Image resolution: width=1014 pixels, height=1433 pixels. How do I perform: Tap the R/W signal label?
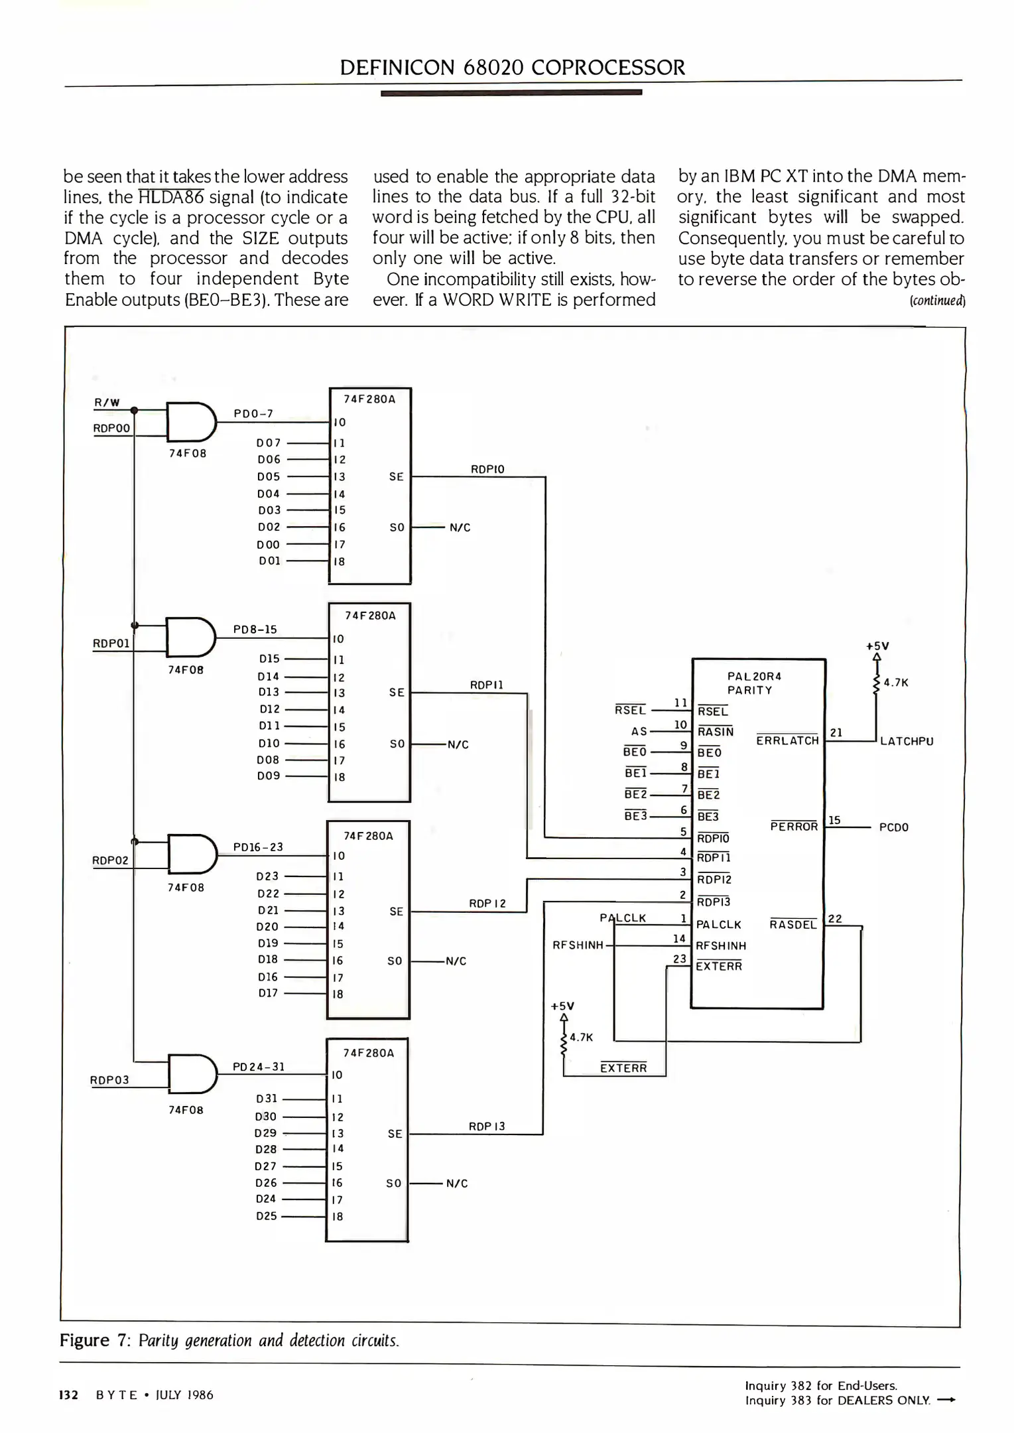pyautogui.click(x=107, y=402)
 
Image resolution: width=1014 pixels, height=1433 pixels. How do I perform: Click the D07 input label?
pyautogui.click(x=269, y=443)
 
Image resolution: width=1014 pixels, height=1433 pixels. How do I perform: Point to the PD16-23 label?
pyautogui.click(x=258, y=847)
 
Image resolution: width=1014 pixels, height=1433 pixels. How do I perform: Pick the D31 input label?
pyautogui.click(x=267, y=1099)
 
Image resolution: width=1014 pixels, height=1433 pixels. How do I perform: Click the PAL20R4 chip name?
pyautogui.click(x=754, y=676)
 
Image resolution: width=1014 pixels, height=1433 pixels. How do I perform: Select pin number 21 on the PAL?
pyautogui.click(x=836, y=732)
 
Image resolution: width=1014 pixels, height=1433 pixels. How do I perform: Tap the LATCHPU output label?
pyautogui.click(x=906, y=741)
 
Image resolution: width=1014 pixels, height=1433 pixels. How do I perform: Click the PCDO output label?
pyautogui.click(x=893, y=827)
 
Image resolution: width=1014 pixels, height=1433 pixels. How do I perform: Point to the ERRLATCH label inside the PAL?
pyautogui.click(x=787, y=740)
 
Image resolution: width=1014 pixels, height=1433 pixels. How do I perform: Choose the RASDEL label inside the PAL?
pyautogui.click(x=792, y=924)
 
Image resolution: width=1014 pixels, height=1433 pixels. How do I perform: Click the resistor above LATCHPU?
pyautogui.click(x=877, y=683)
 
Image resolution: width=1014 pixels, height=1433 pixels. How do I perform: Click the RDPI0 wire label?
pyautogui.click(x=487, y=469)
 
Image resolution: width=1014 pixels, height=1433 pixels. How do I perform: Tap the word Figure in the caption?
pyautogui.click(x=84, y=1340)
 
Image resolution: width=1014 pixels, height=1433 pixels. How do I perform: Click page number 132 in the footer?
pyautogui.click(x=69, y=1395)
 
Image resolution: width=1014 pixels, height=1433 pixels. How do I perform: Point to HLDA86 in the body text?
pyautogui.click(x=171, y=197)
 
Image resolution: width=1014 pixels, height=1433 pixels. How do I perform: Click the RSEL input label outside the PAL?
pyautogui.click(x=630, y=710)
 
